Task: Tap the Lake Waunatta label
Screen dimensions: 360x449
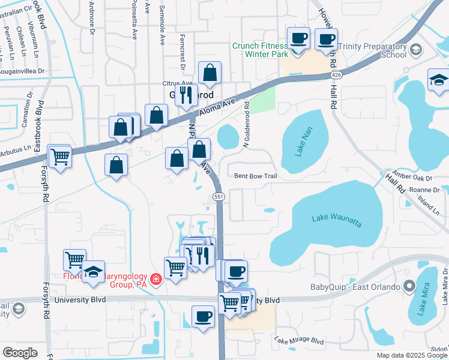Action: tap(337, 220)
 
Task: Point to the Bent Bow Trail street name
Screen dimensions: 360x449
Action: tap(255, 176)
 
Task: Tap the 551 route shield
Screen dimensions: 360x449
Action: tap(219, 197)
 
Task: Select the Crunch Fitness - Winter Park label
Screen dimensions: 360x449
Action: tap(259, 50)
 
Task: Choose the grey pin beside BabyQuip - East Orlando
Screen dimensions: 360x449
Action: tap(410, 286)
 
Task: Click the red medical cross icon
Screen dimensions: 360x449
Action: tap(156, 280)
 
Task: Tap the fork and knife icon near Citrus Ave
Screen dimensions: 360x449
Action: tap(186, 94)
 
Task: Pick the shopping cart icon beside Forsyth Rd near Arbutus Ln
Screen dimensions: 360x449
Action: tap(59, 157)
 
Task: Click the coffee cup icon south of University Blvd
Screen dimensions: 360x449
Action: tap(203, 316)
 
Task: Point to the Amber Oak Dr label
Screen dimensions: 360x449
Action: tap(412, 178)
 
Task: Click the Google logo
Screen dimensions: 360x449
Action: tap(20, 353)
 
